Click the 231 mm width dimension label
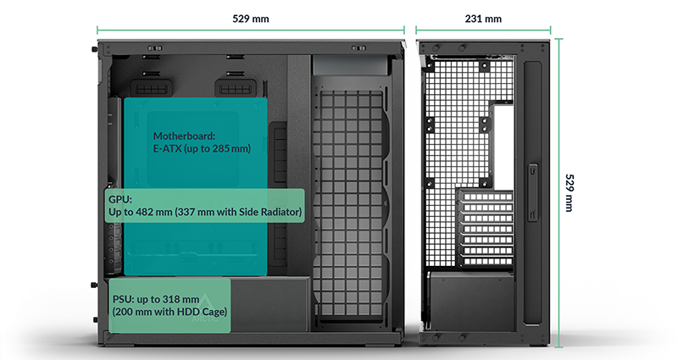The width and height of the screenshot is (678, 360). pos(483,19)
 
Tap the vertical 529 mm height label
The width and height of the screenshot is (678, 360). pos(570,193)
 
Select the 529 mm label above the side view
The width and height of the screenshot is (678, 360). pos(251,19)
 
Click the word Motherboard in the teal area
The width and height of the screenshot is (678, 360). pos(184,136)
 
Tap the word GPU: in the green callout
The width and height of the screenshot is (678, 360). pos(120,199)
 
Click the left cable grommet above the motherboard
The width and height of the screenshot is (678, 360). pos(152,88)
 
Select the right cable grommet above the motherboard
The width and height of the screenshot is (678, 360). pos(236,88)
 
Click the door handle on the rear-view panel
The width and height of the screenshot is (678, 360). pos(532,192)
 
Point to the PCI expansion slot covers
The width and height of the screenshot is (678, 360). pos(486,228)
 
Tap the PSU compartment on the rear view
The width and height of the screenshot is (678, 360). pos(472,302)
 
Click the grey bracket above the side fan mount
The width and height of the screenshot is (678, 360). pos(350,65)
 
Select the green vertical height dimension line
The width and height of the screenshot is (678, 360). pos(559,193)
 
